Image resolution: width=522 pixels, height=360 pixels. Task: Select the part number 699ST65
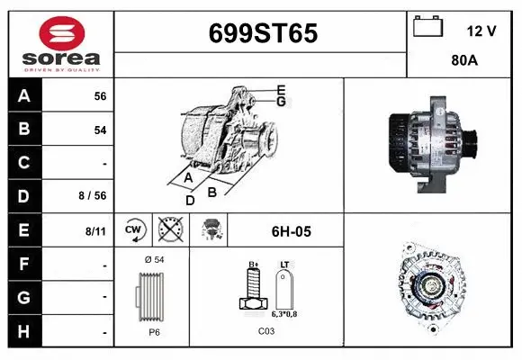[x=262, y=33]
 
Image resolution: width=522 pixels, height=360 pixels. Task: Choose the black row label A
[x=23, y=95]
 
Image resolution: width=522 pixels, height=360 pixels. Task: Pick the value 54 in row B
[x=100, y=130]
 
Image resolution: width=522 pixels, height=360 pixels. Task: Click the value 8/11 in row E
[x=95, y=231]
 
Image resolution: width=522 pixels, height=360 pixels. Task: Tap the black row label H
[x=23, y=331]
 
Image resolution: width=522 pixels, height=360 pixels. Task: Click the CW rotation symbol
[x=134, y=230]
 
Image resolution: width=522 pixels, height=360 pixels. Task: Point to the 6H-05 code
[x=291, y=231]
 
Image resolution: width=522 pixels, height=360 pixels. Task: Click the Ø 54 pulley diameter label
[x=153, y=259]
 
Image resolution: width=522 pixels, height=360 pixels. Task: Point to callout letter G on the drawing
[x=281, y=102]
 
